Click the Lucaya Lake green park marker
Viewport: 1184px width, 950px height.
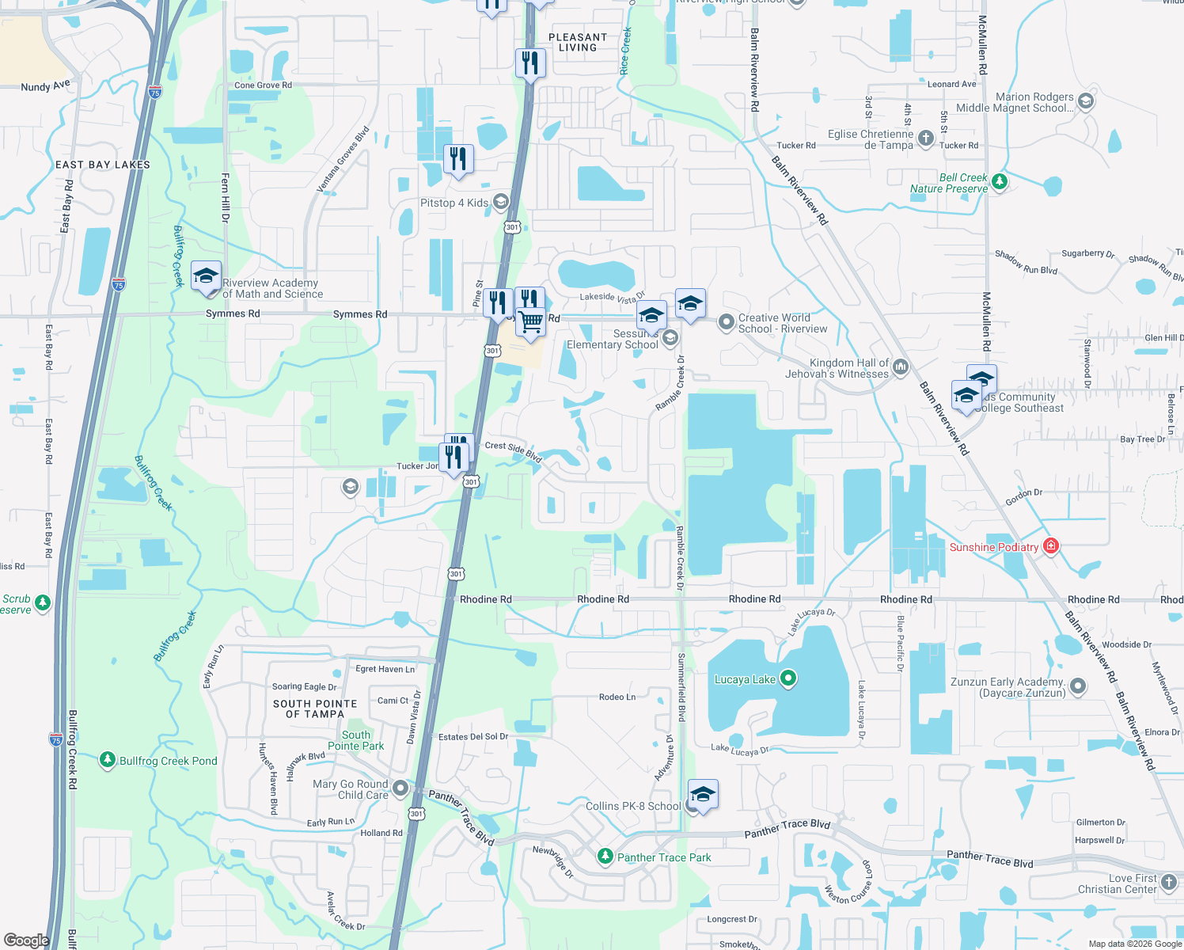(x=787, y=678)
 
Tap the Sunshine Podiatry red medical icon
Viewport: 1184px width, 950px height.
(x=1051, y=546)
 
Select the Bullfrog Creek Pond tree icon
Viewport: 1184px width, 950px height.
(x=108, y=760)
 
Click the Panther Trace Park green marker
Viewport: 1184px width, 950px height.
(x=605, y=857)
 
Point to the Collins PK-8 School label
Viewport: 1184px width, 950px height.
(x=632, y=806)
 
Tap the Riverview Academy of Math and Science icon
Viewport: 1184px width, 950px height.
(x=206, y=276)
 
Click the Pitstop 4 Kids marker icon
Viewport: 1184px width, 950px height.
(x=500, y=202)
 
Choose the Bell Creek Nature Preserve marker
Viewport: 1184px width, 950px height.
(x=1000, y=182)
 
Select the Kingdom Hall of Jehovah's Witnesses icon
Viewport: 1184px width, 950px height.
(x=901, y=367)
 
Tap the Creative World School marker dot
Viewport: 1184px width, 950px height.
(x=726, y=322)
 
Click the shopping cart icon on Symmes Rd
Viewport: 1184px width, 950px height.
(x=531, y=322)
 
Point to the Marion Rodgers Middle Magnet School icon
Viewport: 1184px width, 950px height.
(x=1086, y=101)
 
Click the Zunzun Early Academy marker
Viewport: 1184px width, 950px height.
(x=1077, y=686)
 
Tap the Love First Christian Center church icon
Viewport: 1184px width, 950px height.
(x=1169, y=883)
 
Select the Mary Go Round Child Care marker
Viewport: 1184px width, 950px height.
(x=400, y=788)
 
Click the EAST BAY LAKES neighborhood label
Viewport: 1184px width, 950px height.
(x=103, y=165)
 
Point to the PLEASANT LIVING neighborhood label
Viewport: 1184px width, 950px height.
(x=578, y=42)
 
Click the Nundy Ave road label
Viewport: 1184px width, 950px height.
(x=45, y=85)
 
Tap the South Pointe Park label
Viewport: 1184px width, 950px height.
(x=356, y=740)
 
